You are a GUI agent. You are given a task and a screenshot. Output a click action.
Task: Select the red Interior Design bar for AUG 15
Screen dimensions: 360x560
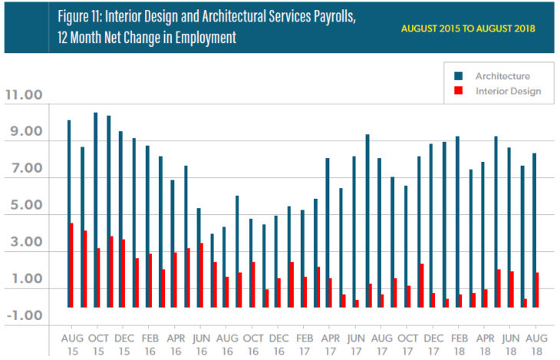(72, 265)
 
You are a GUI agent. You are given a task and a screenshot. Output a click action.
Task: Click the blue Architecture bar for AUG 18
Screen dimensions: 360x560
(534, 230)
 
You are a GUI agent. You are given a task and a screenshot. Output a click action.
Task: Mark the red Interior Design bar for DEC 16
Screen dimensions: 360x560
(279, 292)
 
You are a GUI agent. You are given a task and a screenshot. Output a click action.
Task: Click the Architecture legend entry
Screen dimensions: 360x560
(502, 76)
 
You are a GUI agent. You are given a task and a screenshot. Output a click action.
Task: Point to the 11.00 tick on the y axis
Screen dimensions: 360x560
(25, 96)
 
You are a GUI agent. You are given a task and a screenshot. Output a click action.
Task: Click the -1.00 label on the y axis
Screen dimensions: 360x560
(25, 315)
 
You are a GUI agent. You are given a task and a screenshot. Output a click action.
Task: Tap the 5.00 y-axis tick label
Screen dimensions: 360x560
(25, 206)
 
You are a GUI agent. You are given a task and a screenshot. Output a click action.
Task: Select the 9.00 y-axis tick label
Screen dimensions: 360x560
(25, 132)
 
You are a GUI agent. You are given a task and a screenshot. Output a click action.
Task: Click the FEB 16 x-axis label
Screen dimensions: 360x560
(150, 343)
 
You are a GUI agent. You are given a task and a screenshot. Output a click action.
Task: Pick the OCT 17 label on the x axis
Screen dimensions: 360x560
(407, 343)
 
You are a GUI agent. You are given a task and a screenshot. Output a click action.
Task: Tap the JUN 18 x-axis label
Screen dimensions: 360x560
(511, 343)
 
